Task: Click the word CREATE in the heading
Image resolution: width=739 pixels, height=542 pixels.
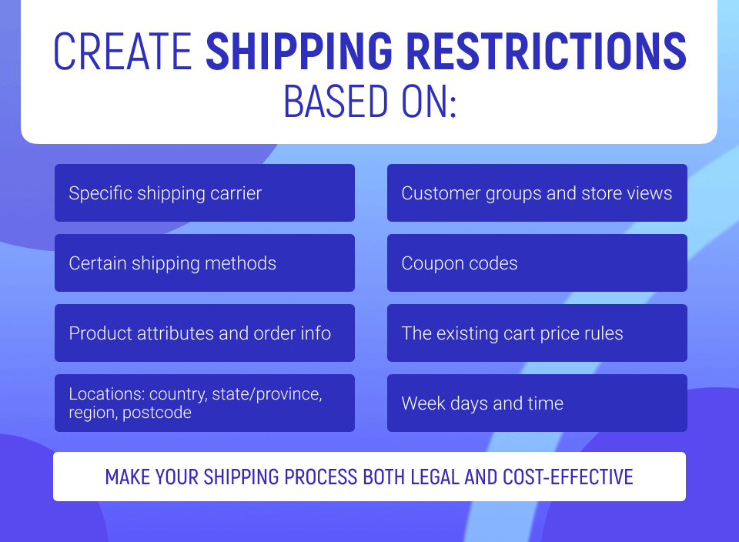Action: (x=122, y=52)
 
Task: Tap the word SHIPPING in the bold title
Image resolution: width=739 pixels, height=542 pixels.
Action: (x=299, y=52)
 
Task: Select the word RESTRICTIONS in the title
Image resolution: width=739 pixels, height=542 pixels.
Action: (x=547, y=52)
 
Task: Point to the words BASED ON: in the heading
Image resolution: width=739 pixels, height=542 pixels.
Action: (x=370, y=102)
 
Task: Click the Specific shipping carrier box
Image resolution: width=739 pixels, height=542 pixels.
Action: (x=205, y=192)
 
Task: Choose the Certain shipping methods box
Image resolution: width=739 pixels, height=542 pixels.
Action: (x=205, y=263)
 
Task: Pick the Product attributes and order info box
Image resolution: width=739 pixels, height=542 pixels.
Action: (x=205, y=333)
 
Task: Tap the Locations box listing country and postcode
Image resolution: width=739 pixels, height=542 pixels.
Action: (x=205, y=403)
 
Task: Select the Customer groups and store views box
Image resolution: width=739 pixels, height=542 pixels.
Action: (x=537, y=192)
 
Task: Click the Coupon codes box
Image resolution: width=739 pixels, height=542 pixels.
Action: (x=537, y=263)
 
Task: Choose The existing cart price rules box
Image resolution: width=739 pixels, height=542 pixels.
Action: (x=537, y=333)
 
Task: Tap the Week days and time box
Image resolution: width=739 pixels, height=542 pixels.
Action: (x=537, y=403)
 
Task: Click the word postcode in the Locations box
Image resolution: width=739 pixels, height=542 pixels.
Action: (x=157, y=413)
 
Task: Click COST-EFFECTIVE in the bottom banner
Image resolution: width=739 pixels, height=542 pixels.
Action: (x=567, y=477)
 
